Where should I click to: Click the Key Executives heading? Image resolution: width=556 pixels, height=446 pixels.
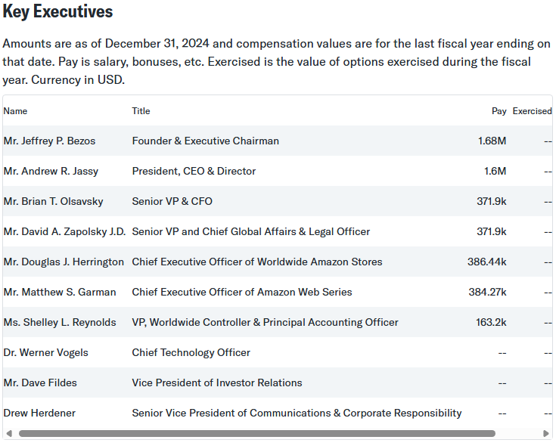[x=58, y=12]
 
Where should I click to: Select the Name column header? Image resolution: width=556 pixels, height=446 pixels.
[x=15, y=111]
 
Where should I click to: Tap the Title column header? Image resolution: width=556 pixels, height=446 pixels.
[x=141, y=111]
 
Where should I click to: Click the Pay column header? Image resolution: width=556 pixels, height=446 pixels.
[x=499, y=111]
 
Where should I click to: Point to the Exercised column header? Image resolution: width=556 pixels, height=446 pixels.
[x=532, y=111]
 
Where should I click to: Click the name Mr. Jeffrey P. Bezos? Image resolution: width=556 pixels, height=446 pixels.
[x=49, y=141]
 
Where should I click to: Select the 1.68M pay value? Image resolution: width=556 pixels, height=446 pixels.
[x=492, y=141]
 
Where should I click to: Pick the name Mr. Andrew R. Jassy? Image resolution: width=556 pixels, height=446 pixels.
[x=51, y=171]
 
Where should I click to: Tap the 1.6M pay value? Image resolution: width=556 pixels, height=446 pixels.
[x=495, y=171]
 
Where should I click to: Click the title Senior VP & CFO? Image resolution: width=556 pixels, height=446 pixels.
[x=172, y=201]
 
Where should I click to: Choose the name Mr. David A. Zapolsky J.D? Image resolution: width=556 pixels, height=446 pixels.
[x=64, y=231]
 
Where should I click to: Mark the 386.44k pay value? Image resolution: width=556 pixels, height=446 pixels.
[x=486, y=262]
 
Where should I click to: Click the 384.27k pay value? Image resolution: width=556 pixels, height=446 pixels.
[x=486, y=292]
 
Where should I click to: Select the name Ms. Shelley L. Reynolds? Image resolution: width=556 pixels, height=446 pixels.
[x=60, y=322]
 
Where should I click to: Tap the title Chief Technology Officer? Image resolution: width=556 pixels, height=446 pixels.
[x=191, y=352]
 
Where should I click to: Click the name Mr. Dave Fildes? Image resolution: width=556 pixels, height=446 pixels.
[x=40, y=383]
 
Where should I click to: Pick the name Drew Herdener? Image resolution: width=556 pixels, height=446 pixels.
[x=39, y=413]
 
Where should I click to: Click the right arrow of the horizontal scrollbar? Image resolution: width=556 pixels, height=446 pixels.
[x=546, y=433]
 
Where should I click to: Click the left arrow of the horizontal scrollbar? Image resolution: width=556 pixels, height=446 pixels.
[x=9, y=433]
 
